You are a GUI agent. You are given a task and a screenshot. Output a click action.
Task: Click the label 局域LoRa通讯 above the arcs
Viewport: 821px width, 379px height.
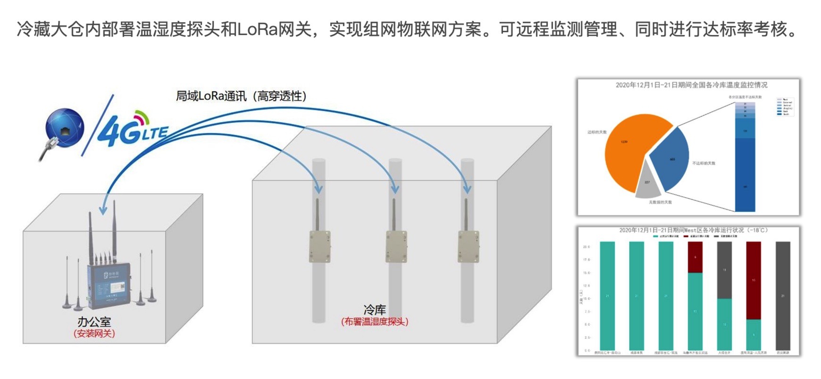(x=211, y=96)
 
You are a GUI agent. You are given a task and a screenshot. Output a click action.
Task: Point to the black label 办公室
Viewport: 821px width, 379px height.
(x=94, y=322)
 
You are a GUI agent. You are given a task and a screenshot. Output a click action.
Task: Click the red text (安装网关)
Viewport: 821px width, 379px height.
(x=94, y=334)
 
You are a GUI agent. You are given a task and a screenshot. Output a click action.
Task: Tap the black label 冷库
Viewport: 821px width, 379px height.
(x=375, y=310)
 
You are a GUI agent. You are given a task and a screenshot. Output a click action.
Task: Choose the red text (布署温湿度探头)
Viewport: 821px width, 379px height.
(x=375, y=322)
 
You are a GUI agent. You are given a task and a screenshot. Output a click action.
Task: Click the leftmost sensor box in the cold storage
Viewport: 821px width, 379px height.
(x=319, y=246)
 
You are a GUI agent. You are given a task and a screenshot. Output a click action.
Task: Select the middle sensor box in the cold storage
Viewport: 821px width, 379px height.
(x=396, y=246)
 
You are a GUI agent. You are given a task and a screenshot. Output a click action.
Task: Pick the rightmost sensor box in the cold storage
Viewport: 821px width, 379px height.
(x=468, y=246)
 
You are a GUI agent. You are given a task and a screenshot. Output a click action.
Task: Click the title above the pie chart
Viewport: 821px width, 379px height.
(x=691, y=85)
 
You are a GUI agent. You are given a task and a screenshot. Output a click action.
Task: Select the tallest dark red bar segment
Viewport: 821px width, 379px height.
(x=753, y=280)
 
